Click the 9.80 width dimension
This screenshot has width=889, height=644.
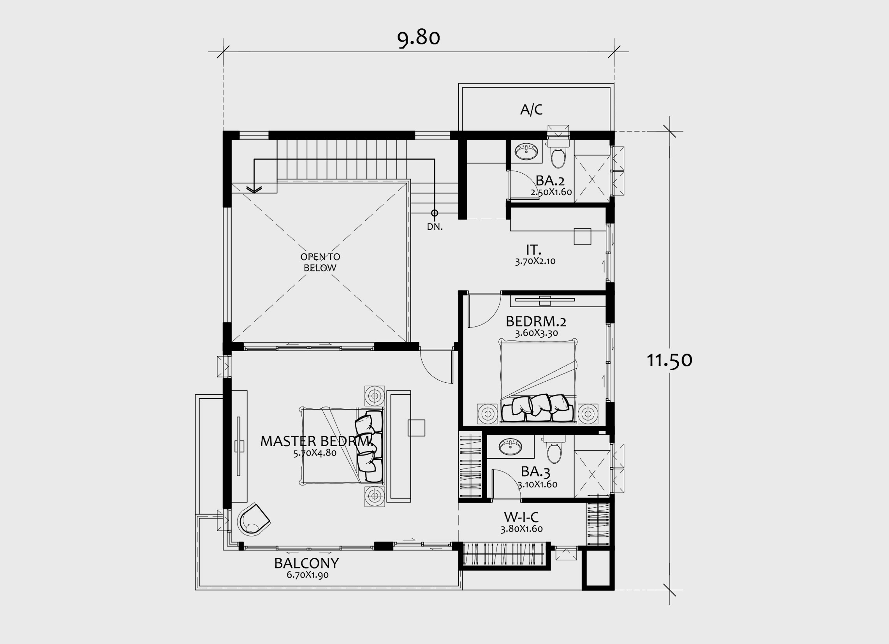[x=419, y=39]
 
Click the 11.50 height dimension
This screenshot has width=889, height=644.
[x=669, y=360]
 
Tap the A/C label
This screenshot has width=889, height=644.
[x=531, y=110]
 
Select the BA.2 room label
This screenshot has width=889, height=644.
[x=550, y=181]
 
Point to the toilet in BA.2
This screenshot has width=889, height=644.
[x=558, y=154]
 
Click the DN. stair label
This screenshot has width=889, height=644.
[x=435, y=227]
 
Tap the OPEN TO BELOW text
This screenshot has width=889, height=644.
[x=320, y=262]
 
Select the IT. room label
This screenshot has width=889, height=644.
[x=533, y=250]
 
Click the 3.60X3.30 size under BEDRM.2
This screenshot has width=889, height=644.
[x=536, y=333]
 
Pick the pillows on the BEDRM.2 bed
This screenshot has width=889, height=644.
[x=537, y=408]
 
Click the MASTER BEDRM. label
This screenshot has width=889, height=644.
[x=316, y=442]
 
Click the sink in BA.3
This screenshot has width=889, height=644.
[x=511, y=447]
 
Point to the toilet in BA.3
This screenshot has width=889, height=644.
[x=554, y=450]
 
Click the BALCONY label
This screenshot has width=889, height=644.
[x=306, y=563]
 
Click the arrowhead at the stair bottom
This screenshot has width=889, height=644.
[x=254, y=189]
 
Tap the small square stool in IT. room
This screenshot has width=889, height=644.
[x=582, y=236]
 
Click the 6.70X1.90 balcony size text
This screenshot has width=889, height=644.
[x=308, y=575]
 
